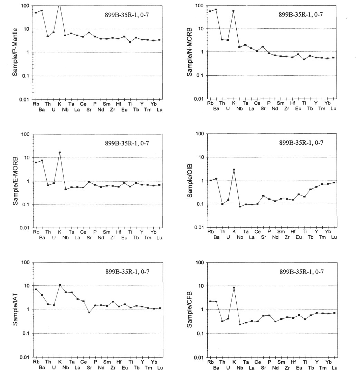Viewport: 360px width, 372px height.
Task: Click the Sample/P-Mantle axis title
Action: coord(15,52)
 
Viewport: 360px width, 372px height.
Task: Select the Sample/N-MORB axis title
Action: coord(189,52)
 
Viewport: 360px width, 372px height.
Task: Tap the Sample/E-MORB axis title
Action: coord(15,181)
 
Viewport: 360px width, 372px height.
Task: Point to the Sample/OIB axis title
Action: coord(190,181)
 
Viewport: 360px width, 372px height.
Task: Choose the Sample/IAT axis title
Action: coord(15,310)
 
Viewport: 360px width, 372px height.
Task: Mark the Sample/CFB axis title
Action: coord(189,310)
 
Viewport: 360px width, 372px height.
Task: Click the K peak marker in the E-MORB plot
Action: coord(60,153)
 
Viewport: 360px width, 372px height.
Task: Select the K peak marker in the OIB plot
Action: coord(234,170)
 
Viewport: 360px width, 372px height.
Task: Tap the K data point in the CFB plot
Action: coord(234,287)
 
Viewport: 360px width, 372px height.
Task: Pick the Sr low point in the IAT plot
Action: coord(89,313)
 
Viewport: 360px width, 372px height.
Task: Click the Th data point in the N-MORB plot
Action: coord(222,40)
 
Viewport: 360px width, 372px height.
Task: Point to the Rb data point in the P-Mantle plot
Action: coord(36,12)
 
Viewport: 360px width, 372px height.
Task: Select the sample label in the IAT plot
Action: coord(127,271)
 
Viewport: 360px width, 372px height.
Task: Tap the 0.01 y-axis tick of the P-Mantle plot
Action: coord(25,99)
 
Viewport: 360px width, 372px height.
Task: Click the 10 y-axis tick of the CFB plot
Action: coord(201,286)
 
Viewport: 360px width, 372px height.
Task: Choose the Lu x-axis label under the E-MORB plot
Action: coord(160,238)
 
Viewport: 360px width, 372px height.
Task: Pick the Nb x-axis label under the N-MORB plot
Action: coord(240,109)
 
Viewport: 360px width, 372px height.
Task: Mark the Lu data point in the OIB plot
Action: coord(334,182)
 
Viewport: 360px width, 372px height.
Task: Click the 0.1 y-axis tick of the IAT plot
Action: coord(26,334)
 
